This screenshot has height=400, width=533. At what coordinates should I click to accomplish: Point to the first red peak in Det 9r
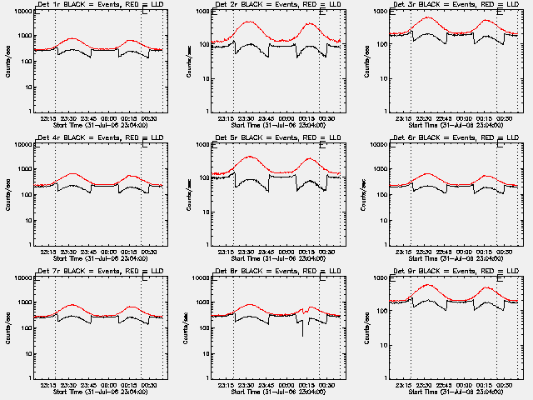pos(430,285)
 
